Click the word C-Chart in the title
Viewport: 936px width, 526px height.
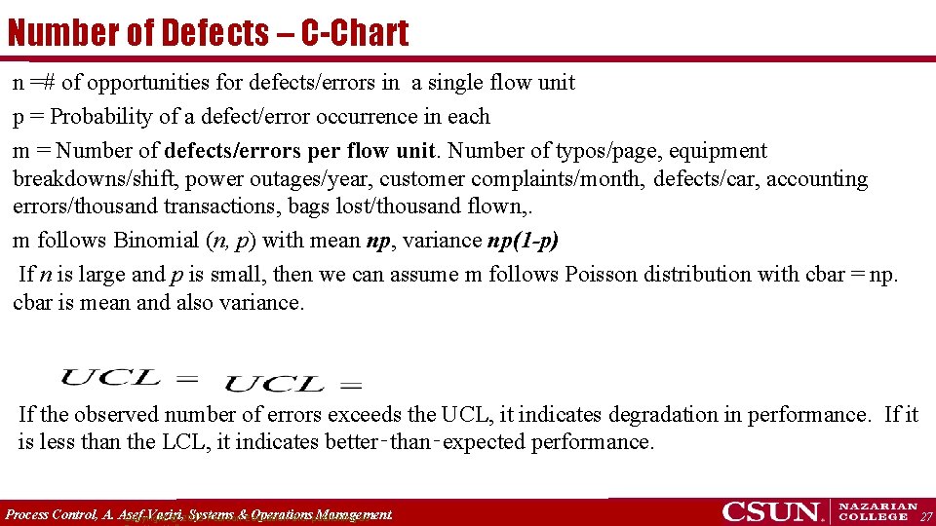click(x=355, y=33)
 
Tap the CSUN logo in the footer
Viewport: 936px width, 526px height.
click(x=773, y=511)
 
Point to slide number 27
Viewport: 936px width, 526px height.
click(x=926, y=516)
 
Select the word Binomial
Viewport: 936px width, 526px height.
click(x=156, y=241)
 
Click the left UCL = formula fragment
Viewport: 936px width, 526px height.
click(x=130, y=375)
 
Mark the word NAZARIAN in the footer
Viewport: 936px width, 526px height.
click(x=878, y=507)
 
